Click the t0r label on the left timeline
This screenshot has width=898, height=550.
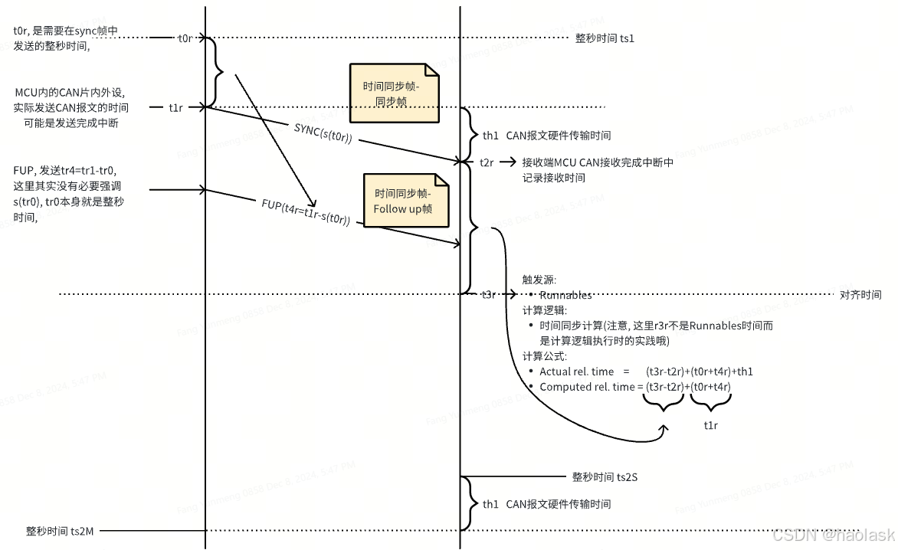tap(185, 38)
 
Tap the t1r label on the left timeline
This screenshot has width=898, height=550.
tap(176, 108)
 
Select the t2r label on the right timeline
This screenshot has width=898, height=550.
tap(487, 162)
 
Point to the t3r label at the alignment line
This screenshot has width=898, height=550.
tap(487, 294)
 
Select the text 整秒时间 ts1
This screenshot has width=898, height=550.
tap(605, 38)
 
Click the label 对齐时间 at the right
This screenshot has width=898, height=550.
tap(860, 295)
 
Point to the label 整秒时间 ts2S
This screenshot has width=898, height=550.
tap(605, 476)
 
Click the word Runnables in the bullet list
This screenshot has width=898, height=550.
tap(565, 295)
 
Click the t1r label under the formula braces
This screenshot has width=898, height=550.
tap(710, 424)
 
